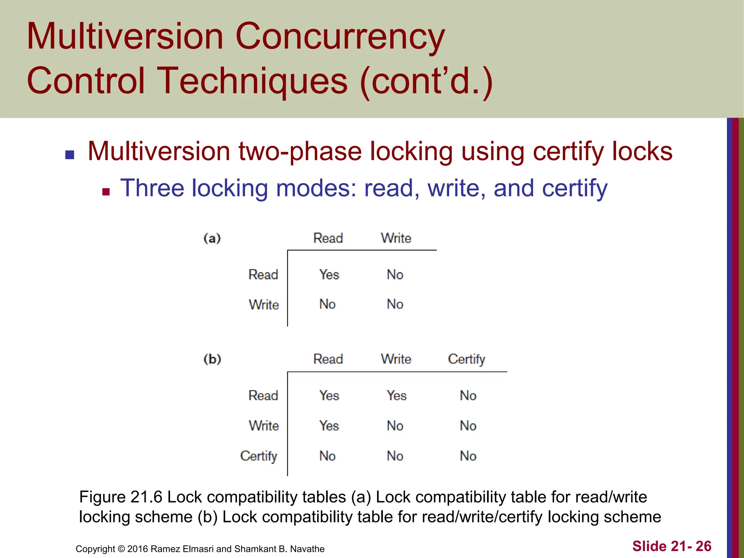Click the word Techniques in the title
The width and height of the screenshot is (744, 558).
click(254, 81)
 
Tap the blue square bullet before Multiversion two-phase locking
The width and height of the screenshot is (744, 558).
click(70, 155)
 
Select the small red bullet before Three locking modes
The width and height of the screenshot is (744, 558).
click(106, 192)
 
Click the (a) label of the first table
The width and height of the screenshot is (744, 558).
click(212, 238)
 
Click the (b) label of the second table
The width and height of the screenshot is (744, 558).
click(212, 359)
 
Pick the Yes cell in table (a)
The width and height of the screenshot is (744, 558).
click(329, 275)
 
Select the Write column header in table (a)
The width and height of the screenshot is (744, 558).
click(396, 238)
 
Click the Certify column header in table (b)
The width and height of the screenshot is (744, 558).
click(466, 359)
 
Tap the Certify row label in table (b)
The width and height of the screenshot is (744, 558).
click(259, 456)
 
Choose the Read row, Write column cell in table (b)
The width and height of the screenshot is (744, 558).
click(396, 396)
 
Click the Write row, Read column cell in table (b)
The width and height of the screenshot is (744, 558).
click(329, 426)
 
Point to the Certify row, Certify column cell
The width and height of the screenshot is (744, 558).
click(468, 456)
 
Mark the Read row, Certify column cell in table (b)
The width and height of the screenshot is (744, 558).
click(468, 396)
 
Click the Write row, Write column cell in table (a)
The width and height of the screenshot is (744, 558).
click(395, 304)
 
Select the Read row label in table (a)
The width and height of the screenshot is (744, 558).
click(263, 275)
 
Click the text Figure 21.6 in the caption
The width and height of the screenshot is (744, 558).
click(121, 497)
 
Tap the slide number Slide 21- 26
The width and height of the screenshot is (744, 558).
click(672, 546)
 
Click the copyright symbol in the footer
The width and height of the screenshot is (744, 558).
click(121, 549)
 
